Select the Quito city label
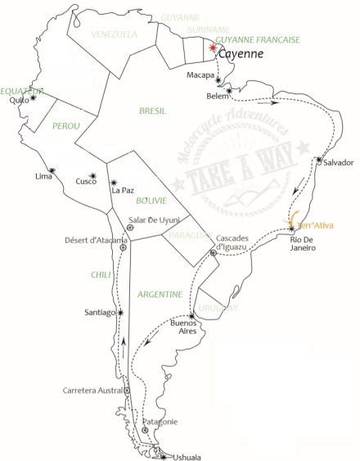point(19,102)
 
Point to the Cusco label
point(86,182)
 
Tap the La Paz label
point(122,191)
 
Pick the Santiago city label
point(100,313)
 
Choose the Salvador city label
point(339,162)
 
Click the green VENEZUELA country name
point(114,34)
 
